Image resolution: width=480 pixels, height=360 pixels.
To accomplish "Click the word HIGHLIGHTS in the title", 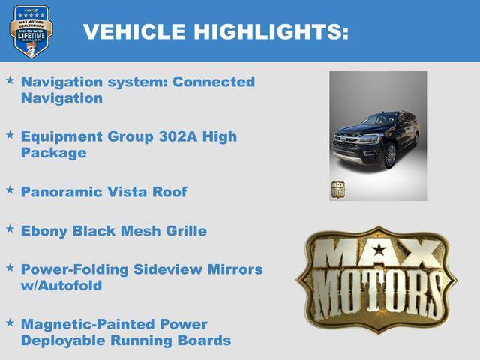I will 271,31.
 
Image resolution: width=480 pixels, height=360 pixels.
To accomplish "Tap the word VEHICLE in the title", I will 134,31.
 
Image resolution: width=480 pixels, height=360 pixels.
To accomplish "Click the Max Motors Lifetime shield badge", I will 31,31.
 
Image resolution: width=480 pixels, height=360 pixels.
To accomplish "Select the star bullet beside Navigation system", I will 10,79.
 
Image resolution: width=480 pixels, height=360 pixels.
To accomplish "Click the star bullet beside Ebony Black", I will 10,227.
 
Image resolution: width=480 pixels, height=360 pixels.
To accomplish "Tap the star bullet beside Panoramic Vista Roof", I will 10,189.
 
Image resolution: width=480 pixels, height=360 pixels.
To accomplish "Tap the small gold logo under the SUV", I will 338,189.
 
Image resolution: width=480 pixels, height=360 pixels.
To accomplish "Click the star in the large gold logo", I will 379,249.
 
